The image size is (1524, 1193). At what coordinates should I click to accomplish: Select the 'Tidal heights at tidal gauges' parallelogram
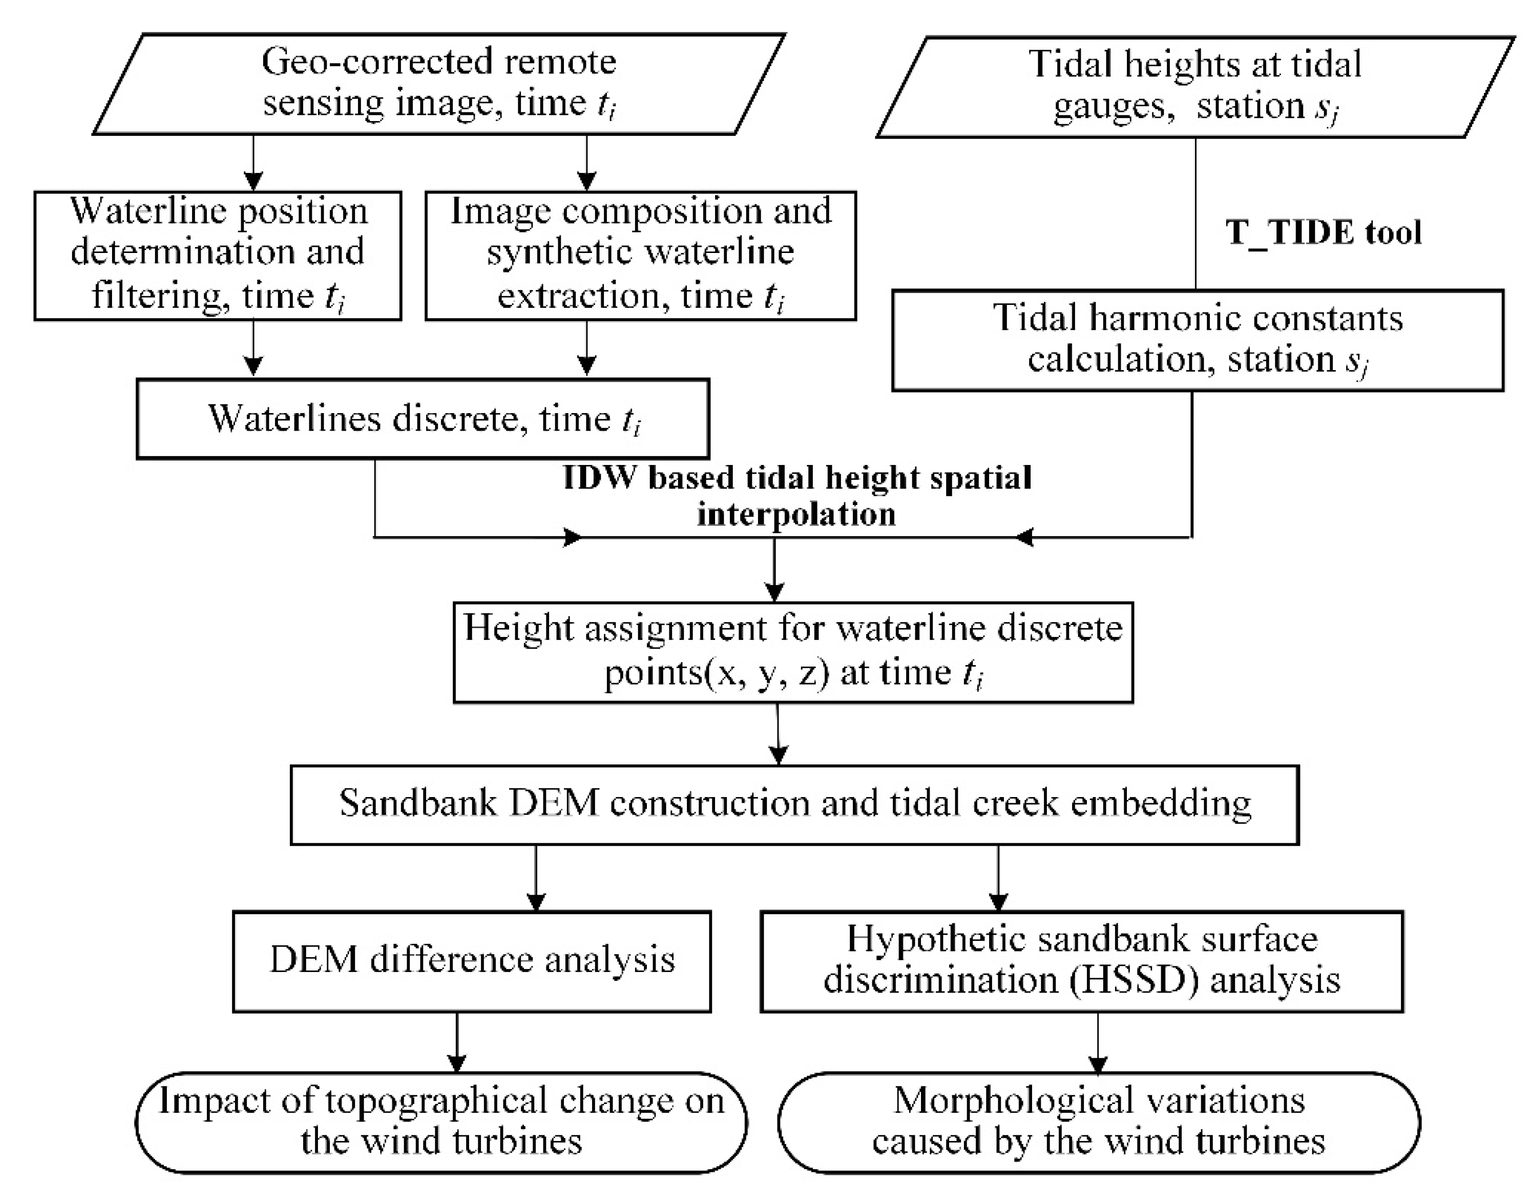(1195, 87)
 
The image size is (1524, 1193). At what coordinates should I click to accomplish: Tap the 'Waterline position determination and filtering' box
(217, 255)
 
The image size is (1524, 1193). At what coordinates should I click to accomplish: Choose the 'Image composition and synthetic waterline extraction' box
(640, 255)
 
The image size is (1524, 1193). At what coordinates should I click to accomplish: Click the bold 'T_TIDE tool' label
(1323, 233)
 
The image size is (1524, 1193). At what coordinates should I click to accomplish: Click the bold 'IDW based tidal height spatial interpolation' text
(797, 496)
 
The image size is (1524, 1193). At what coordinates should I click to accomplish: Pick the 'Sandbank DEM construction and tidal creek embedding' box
(795, 805)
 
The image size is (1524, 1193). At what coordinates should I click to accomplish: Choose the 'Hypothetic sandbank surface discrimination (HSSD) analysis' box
(1081, 960)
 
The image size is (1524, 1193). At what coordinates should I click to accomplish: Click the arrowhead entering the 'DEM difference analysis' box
(536, 902)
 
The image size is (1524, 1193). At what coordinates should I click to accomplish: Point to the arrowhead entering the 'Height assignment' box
(774, 592)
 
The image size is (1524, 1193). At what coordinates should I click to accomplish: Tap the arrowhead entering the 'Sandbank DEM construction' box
(778, 756)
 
